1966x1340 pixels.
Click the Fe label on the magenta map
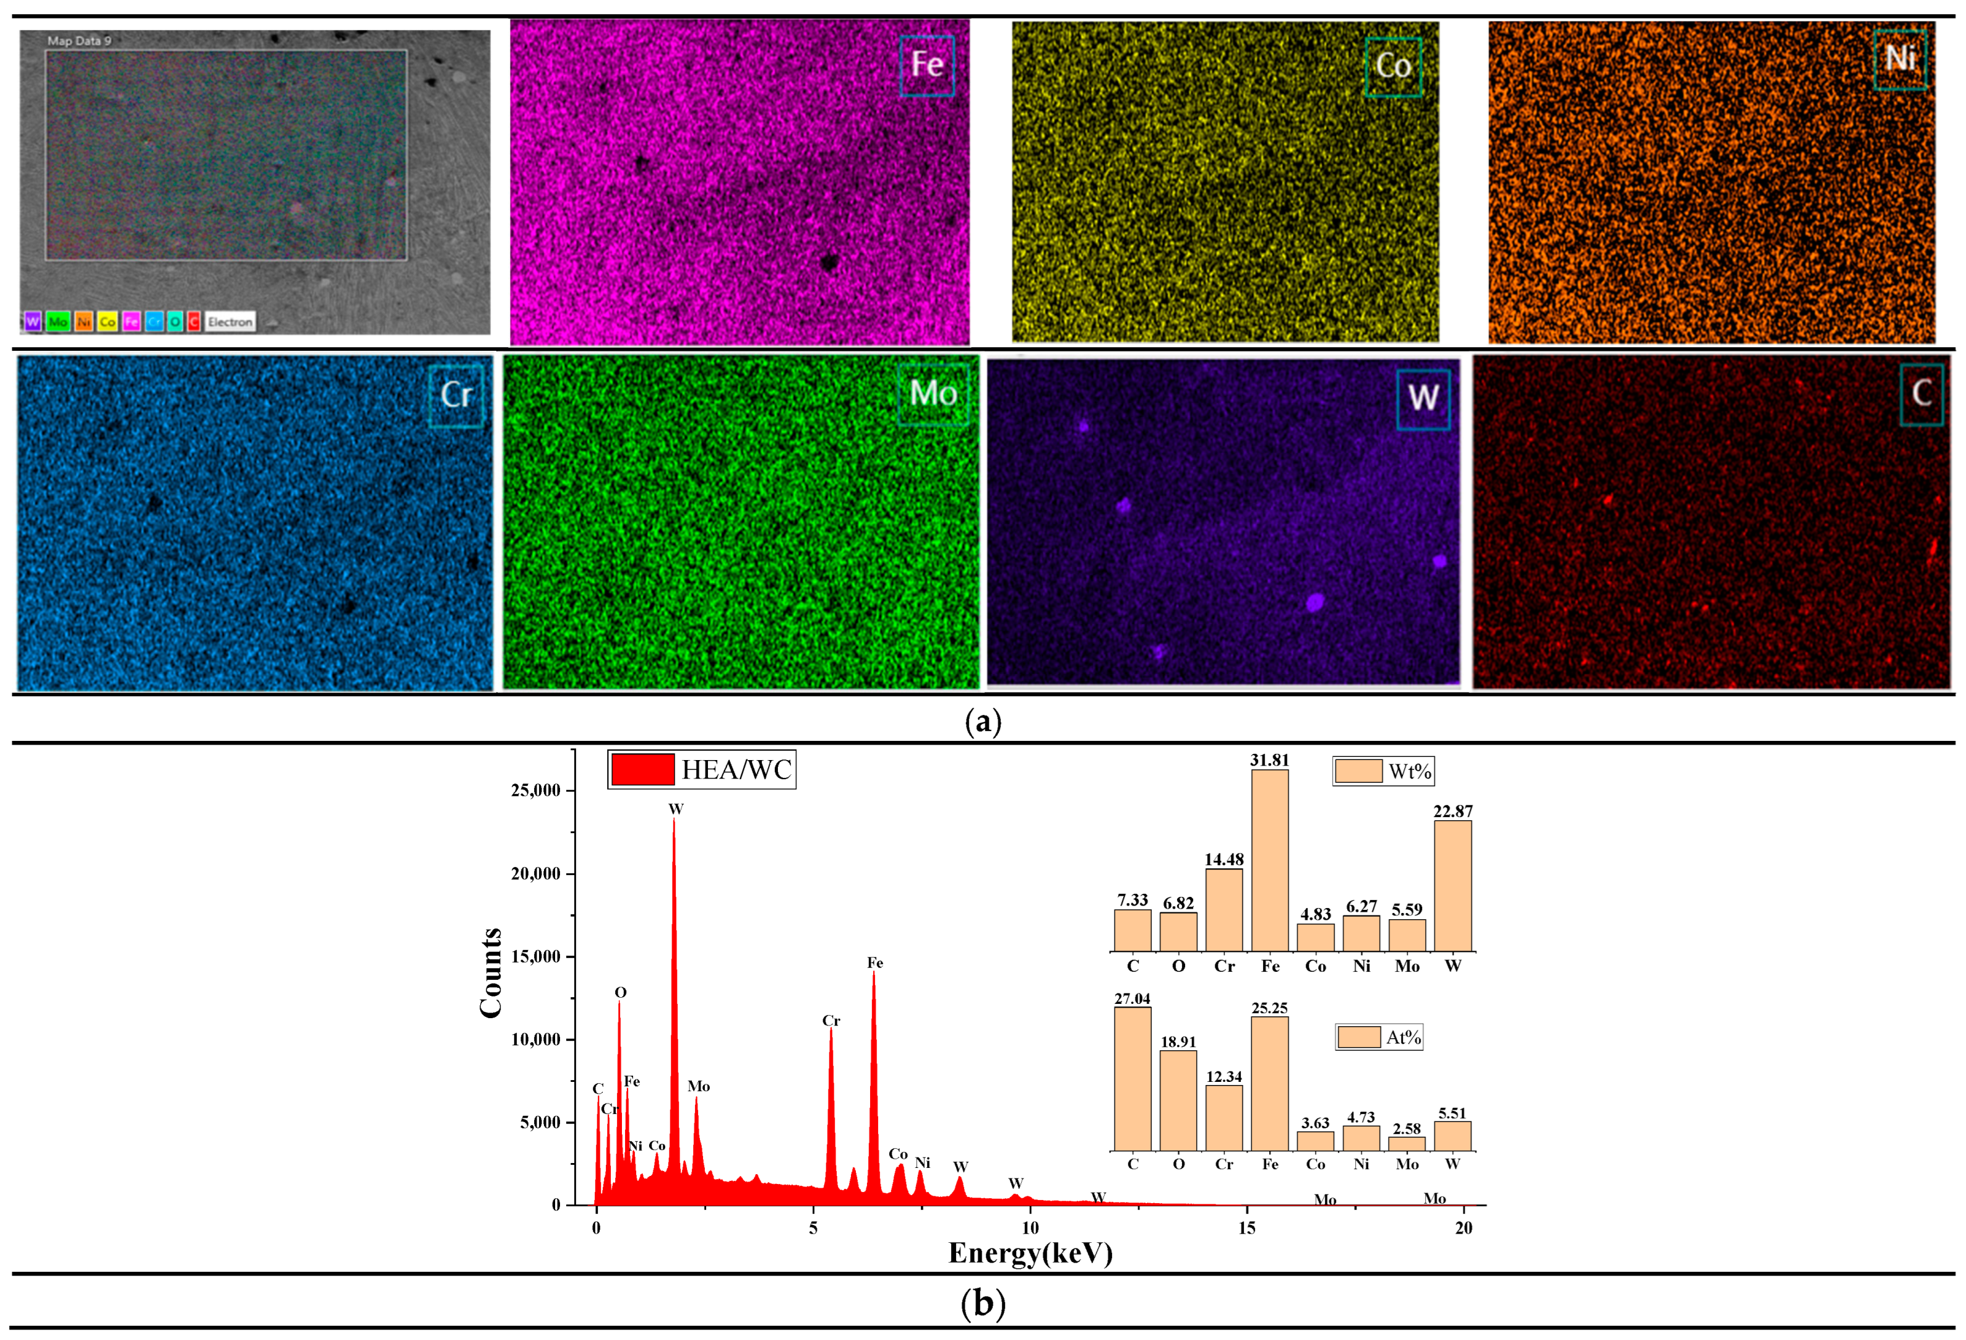[927, 65]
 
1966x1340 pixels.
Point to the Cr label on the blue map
[456, 395]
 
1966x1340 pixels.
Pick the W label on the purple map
[1423, 397]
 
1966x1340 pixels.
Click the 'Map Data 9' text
[79, 41]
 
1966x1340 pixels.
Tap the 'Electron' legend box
[230, 321]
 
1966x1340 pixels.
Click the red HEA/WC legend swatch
[643, 769]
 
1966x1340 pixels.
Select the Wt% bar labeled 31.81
[1269, 860]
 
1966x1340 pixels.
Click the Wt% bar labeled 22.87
[1452, 885]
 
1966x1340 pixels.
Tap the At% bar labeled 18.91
[1178, 1100]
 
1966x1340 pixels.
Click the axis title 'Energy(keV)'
[1030, 1253]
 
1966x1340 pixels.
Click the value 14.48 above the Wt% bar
[1223, 860]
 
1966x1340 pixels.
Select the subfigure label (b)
[983, 1303]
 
